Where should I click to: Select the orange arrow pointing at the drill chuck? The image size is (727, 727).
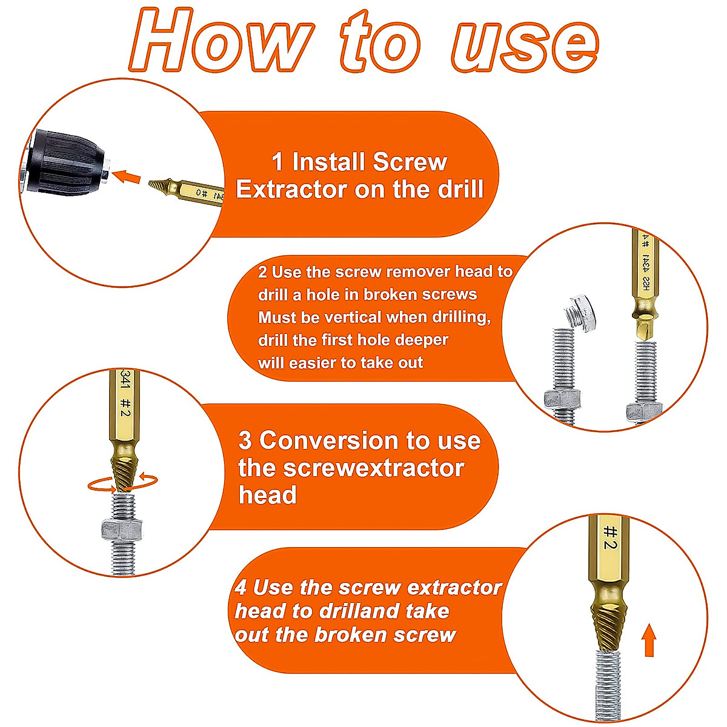(x=127, y=177)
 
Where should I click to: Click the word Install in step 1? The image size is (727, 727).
(x=328, y=162)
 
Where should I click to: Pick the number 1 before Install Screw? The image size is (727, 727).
(x=277, y=162)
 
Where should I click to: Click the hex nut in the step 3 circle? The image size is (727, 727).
(x=121, y=528)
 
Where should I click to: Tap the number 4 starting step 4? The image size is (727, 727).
(x=241, y=588)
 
